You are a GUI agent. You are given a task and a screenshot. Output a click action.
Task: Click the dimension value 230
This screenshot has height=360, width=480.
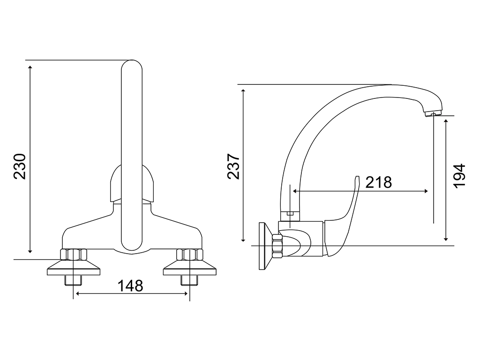[x=20, y=166]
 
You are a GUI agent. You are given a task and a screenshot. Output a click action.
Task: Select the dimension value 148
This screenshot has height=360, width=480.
[x=130, y=286]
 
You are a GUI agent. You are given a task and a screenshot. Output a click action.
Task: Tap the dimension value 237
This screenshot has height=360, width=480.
[x=233, y=166]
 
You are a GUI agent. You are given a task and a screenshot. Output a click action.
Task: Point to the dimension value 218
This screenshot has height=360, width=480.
[x=379, y=182]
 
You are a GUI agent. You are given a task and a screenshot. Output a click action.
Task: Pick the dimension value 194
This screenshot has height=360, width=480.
[x=459, y=176]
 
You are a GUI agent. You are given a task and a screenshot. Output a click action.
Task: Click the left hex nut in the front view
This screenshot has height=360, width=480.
[x=74, y=255]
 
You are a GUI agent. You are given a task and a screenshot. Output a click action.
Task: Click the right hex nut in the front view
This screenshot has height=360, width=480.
[x=190, y=255]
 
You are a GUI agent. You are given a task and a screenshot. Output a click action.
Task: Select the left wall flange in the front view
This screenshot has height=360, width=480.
[x=74, y=268]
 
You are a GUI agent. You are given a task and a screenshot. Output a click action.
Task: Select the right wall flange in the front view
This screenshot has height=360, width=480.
[x=190, y=268]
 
